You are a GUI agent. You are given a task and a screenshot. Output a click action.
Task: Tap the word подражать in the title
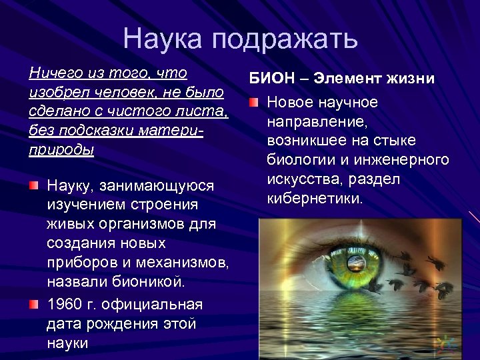286,41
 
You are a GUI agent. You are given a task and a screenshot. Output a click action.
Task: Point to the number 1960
63,305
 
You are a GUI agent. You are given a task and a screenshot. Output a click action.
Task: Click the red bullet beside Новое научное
253,103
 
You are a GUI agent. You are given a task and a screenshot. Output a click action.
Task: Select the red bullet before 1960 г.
34,305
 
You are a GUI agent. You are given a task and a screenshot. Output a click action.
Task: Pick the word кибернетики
314,198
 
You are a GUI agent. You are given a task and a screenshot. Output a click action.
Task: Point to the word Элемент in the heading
344,79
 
